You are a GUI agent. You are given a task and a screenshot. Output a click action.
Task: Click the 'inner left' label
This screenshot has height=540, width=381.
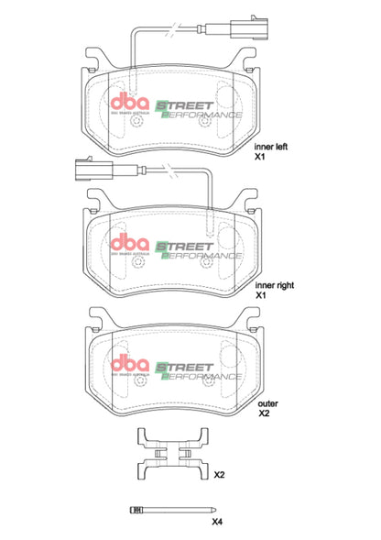pos(274,146)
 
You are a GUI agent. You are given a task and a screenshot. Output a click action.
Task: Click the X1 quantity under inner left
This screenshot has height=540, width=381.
pos(260,158)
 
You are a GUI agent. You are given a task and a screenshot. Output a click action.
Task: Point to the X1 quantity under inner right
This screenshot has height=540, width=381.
pos(260,295)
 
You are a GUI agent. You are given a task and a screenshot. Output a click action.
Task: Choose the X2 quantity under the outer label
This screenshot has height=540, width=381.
pos(264,413)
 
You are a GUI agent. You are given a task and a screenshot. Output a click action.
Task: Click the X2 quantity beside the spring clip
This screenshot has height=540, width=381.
pos(219,475)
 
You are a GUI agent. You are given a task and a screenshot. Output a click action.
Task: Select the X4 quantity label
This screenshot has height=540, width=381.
pos(217,522)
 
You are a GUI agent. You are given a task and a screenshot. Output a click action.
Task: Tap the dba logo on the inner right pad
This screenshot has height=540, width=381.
pos(129,243)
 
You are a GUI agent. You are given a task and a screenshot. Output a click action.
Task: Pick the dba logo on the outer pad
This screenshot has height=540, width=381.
pos(129,363)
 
